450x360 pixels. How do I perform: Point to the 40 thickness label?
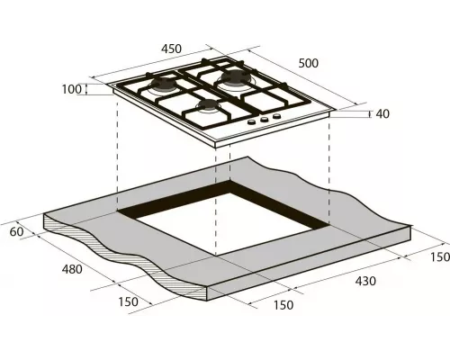click(x=382, y=113)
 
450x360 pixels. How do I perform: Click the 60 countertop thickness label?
click(x=14, y=232)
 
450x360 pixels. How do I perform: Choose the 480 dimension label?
click(x=72, y=270)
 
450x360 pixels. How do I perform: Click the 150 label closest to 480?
click(x=129, y=301)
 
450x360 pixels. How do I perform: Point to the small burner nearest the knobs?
click(x=209, y=109)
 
